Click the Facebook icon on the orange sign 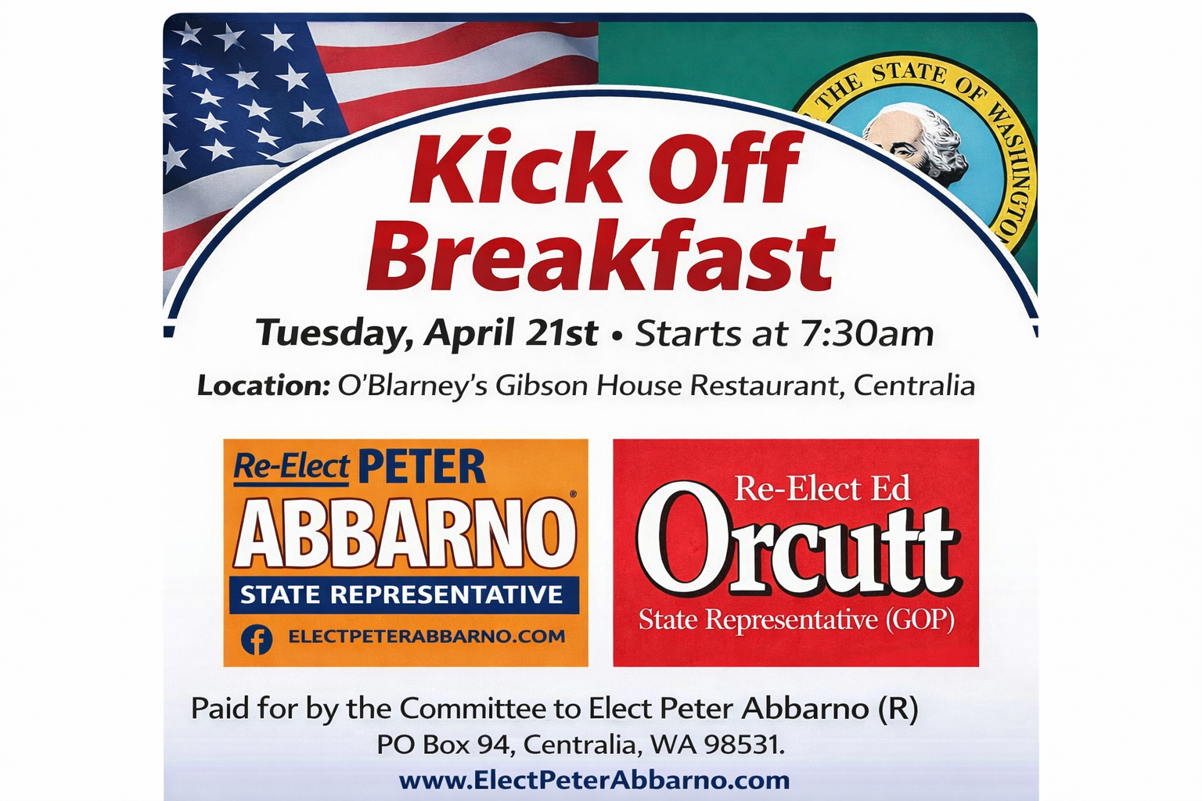257,640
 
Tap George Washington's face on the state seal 894,138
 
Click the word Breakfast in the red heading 600,257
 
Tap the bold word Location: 264,386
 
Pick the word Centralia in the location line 914,385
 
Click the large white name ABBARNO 405,533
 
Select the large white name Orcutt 796,537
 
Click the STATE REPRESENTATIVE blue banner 404,595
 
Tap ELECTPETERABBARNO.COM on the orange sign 426,637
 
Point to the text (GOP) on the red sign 919,620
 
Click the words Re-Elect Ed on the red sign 822,488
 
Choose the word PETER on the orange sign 422,466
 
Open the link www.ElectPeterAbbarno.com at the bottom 594,781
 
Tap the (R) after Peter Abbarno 898,709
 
